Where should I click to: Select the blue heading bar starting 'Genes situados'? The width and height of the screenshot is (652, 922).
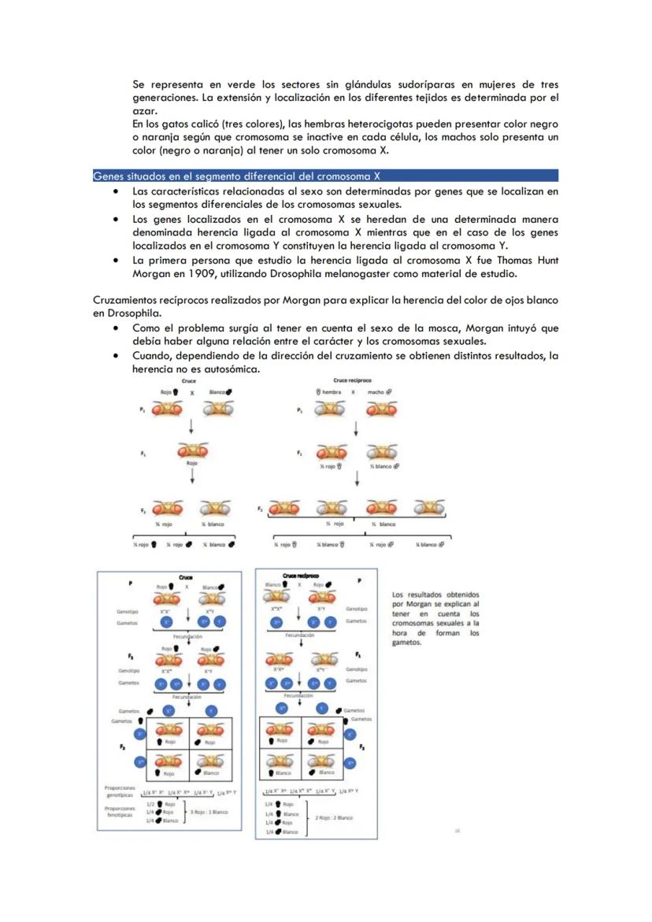pyautogui.click(x=325, y=176)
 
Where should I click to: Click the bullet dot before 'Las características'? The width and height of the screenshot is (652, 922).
pyautogui.click(x=116, y=192)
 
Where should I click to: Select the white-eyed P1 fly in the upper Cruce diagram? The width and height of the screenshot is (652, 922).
pyautogui.click(x=218, y=409)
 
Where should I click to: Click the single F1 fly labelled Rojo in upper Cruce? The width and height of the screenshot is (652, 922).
pyautogui.click(x=192, y=451)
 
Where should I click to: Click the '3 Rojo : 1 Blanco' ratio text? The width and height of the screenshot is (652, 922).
pyautogui.click(x=208, y=811)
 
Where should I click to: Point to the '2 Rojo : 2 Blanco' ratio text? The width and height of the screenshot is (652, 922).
pyautogui.click(x=334, y=817)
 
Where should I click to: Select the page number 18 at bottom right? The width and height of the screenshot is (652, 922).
pyautogui.click(x=458, y=829)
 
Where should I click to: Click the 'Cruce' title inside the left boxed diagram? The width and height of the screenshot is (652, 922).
pyautogui.click(x=186, y=576)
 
